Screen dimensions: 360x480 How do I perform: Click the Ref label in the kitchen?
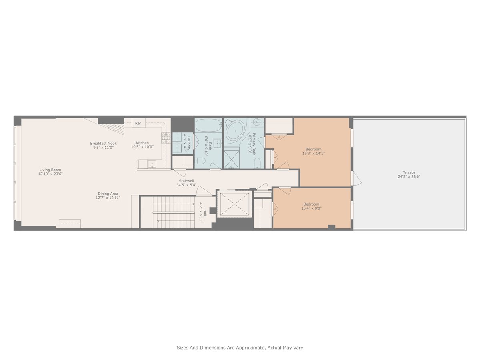click(x=138, y=123)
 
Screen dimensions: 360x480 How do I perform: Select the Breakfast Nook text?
click(x=103, y=143)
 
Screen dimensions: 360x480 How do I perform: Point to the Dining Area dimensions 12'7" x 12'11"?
click(x=108, y=198)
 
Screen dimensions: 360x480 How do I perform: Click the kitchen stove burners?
click(x=166, y=138)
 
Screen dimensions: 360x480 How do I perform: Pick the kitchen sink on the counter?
click(x=152, y=164)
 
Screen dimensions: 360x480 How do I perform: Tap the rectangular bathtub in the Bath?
click(x=208, y=125)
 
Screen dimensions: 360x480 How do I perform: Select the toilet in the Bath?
click(x=201, y=162)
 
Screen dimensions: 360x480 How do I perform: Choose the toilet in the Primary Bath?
click(x=258, y=162)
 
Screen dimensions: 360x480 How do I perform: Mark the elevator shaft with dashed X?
click(x=234, y=204)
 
